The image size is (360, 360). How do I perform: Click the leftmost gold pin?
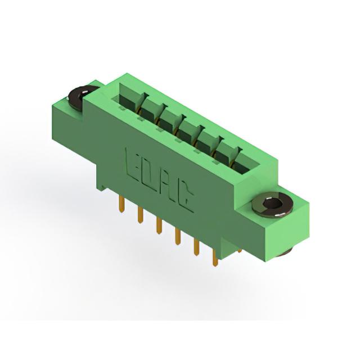click(122, 204)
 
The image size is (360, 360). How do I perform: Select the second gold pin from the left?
click(140, 214)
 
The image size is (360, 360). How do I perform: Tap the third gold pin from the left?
click(159, 226)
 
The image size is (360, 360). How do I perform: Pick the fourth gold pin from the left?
click(177, 236)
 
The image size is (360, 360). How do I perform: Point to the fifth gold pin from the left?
click(196, 247)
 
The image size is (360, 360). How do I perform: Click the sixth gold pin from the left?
click(215, 258)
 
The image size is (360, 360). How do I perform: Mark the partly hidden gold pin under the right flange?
click(240, 250)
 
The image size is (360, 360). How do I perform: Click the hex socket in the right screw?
click(272, 204)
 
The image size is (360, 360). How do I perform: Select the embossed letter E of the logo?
click(132, 164)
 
